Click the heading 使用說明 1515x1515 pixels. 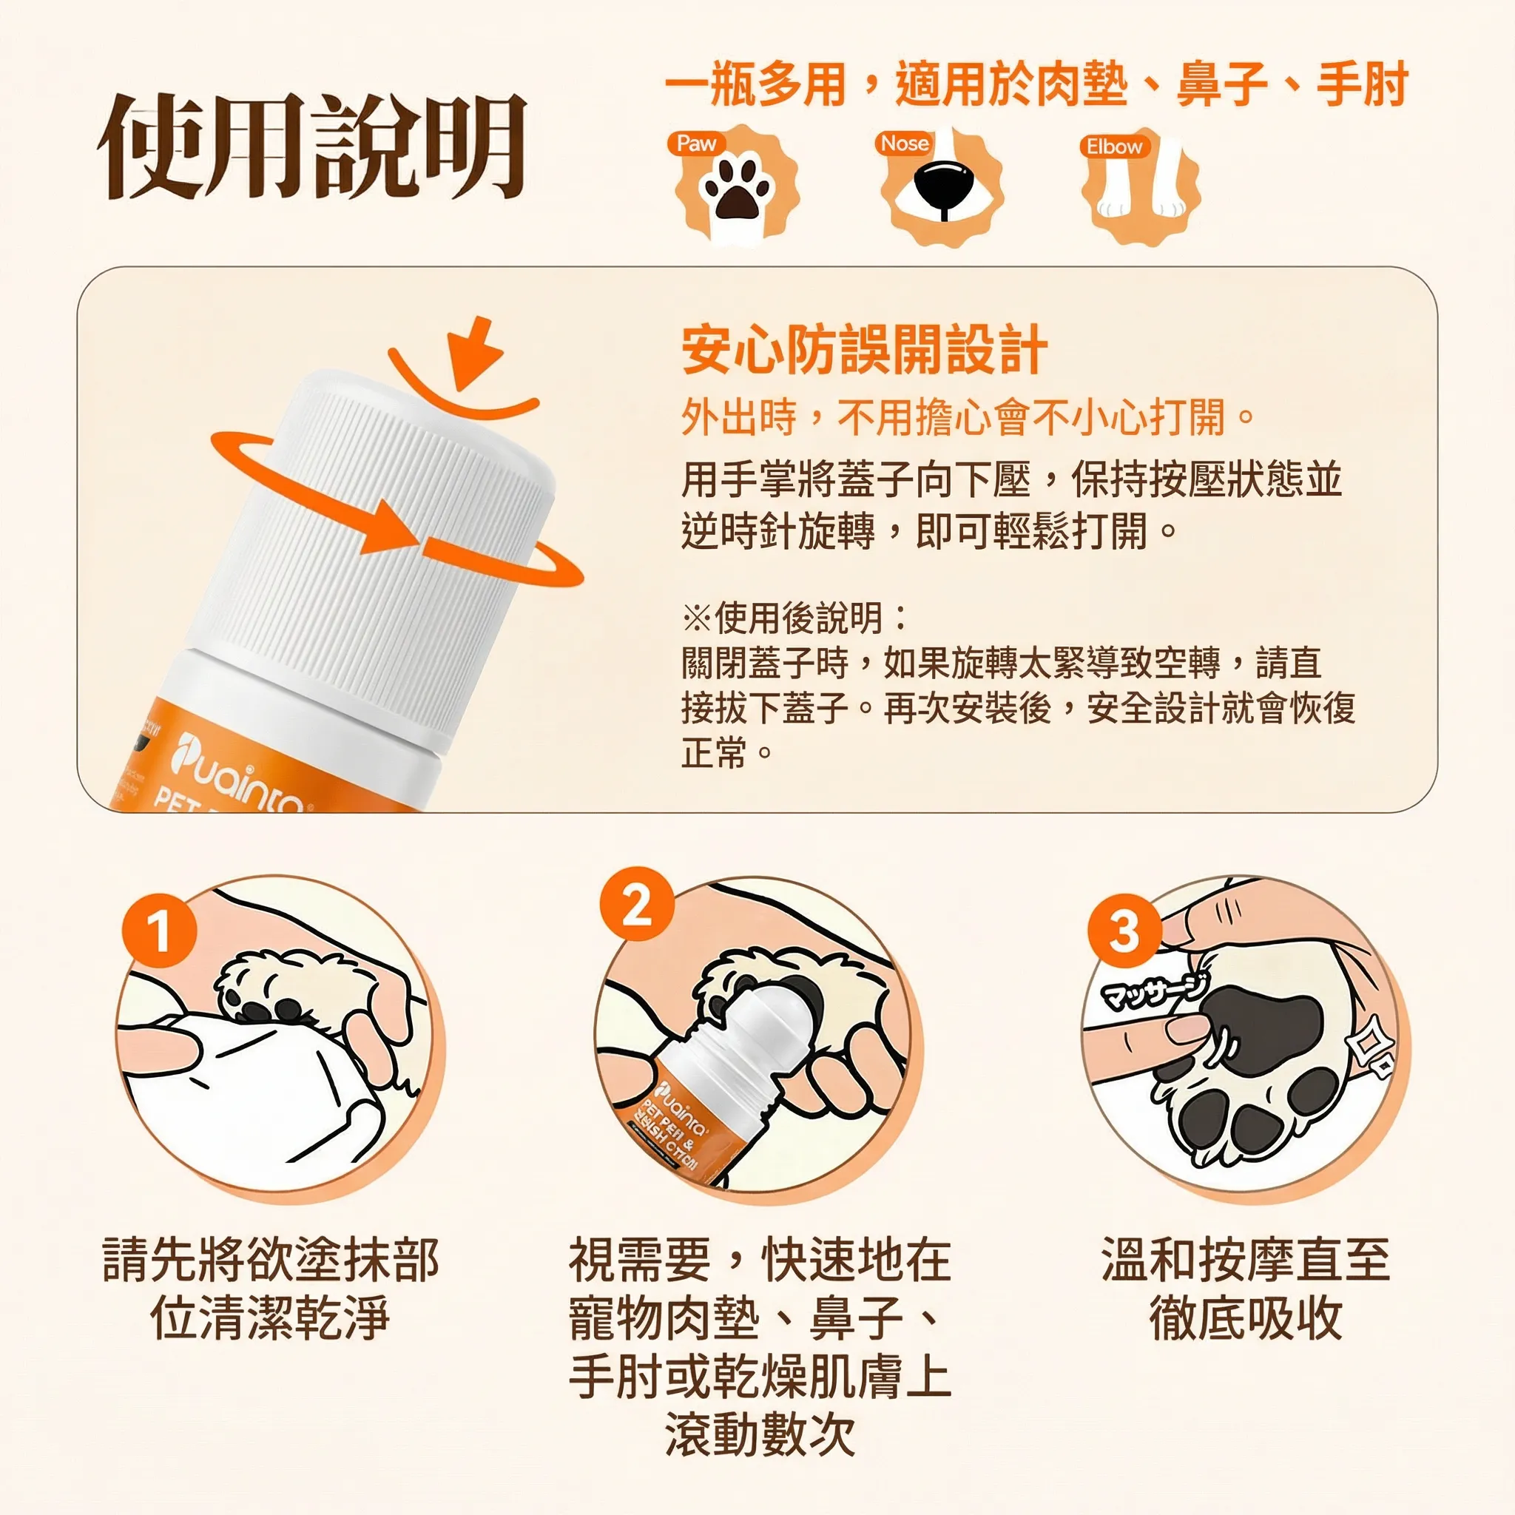312,146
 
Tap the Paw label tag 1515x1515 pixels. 696,144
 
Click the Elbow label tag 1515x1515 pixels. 1113,146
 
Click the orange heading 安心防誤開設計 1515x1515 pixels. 864,350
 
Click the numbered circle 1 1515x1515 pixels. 158,931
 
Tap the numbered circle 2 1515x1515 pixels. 636,905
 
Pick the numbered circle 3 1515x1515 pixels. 1124,931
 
